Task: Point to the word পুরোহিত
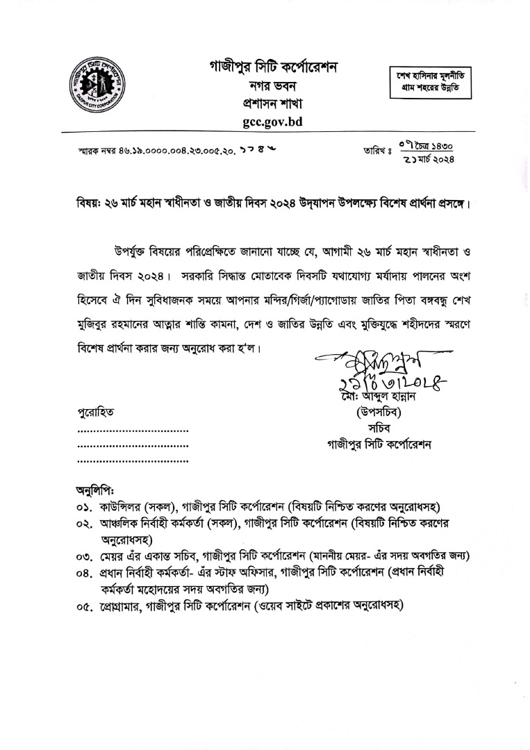click(97, 412)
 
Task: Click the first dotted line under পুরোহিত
click(133, 431)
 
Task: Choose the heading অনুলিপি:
click(95, 491)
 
